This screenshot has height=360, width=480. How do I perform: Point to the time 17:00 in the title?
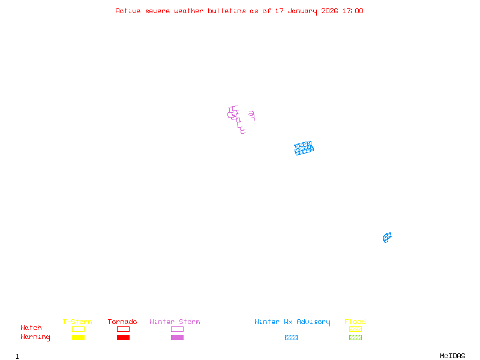click(x=352, y=11)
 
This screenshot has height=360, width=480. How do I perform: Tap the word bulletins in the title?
click(x=226, y=11)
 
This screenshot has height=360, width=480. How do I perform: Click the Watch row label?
click(x=31, y=328)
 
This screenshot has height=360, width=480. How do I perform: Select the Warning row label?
click(x=35, y=337)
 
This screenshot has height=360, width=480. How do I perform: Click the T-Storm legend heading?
click(x=77, y=322)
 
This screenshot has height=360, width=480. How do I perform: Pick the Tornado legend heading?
click(x=122, y=322)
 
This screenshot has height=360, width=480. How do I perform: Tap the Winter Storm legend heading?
click(x=175, y=322)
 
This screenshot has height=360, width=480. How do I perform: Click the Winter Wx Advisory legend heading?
click(x=292, y=322)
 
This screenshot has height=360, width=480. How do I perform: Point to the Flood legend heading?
click(x=355, y=322)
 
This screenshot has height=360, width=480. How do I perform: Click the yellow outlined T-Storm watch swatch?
click(x=78, y=329)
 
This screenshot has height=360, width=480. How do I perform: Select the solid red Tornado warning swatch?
click(x=123, y=337)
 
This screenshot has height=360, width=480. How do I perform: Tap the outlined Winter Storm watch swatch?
click(x=177, y=329)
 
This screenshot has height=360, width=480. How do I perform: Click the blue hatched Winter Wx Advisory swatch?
click(x=291, y=337)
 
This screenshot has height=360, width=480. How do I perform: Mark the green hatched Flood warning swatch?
click(x=355, y=337)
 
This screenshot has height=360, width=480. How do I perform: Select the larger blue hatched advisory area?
click(x=304, y=148)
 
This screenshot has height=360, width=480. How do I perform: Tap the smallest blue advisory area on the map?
click(x=387, y=238)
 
